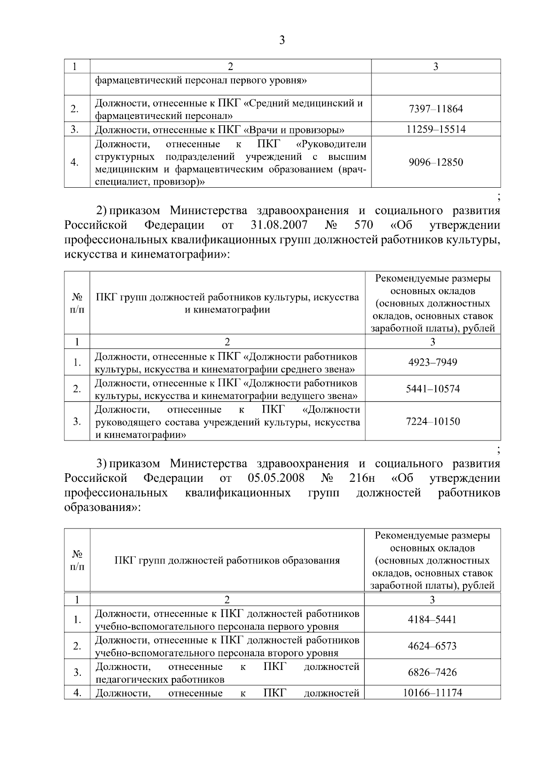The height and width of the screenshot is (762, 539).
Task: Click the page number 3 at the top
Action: click(x=282, y=40)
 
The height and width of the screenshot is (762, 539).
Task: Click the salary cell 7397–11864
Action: click(x=435, y=109)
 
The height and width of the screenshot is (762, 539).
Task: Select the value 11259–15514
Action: click(x=435, y=130)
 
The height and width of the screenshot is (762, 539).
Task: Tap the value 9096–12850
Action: click(x=435, y=162)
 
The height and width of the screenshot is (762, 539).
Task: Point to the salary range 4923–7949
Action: click(x=433, y=362)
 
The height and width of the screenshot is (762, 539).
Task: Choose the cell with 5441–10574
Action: click(x=433, y=389)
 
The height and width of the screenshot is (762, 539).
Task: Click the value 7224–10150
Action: click(x=433, y=422)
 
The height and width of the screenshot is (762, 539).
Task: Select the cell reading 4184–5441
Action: click(x=432, y=620)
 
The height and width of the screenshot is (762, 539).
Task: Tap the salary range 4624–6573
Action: click(x=432, y=646)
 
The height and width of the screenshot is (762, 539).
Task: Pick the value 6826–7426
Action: click(x=432, y=673)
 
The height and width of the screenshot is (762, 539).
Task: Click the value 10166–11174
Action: click(x=432, y=693)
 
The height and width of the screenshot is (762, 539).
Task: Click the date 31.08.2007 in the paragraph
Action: click(x=278, y=225)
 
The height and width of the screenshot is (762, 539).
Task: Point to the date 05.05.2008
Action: click(x=276, y=478)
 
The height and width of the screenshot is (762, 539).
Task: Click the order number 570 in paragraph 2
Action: click(x=363, y=225)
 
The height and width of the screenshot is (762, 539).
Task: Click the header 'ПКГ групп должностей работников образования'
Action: click(x=227, y=560)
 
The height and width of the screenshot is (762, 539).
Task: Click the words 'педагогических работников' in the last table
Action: click(x=160, y=679)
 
